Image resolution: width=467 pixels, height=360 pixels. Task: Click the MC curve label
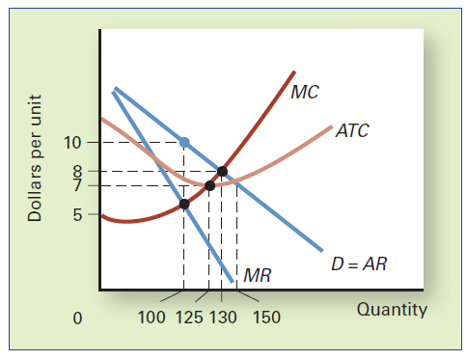click(x=305, y=93)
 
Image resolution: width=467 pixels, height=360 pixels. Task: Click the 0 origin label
click(x=78, y=318)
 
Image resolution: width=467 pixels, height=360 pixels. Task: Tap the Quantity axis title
click(x=392, y=310)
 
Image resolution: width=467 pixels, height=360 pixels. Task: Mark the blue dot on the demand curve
click(x=184, y=142)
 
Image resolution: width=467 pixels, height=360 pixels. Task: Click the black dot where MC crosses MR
click(x=184, y=204)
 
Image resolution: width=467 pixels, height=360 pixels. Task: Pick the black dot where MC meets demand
click(x=223, y=172)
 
